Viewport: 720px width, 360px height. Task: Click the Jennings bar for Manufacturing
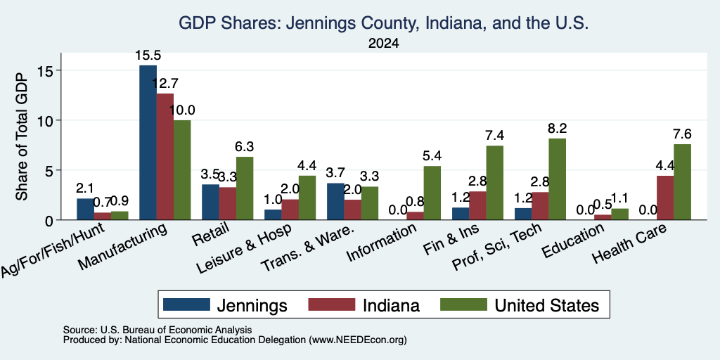pyautogui.click(x=148, y=142)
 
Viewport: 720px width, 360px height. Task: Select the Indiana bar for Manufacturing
pyautogui.click(x=165, y=157)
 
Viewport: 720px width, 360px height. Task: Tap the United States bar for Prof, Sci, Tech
pyautogui.click(x=558, y=179)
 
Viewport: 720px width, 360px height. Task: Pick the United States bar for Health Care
pyautogui.click(x=682, y=182)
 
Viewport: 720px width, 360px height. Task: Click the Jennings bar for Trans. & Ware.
pyautogui.click(x=335, y=201)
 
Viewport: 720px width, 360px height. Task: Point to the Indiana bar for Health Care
pyautogui.click(x=665, y=198)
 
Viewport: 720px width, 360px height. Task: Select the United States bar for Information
pyautogui.click(x=432, y=193)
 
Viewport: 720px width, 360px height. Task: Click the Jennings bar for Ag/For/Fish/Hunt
pyautogui.click(x=85, y=210)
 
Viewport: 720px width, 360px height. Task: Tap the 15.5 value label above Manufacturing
pyautogui.click(x=148, y=56)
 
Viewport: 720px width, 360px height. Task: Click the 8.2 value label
pyautogui.click(x=558, y=129)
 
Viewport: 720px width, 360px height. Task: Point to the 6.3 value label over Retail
pyautogui.click(x=244, y=147)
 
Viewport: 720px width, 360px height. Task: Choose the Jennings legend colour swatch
pyautogui.click(x=186, y=304)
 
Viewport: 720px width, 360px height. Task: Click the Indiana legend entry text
pyautogui.click(x=391, y=305)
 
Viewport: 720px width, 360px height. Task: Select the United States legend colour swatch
pyautogui.click(x=464, y=304)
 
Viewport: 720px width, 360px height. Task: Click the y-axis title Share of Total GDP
pyautogui.click(x=22, y=136)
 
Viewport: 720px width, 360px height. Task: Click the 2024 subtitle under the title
pyautogui.click(x=383, y=44)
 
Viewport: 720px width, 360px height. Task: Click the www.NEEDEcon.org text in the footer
pyautogui.click(x=358, y=340)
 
